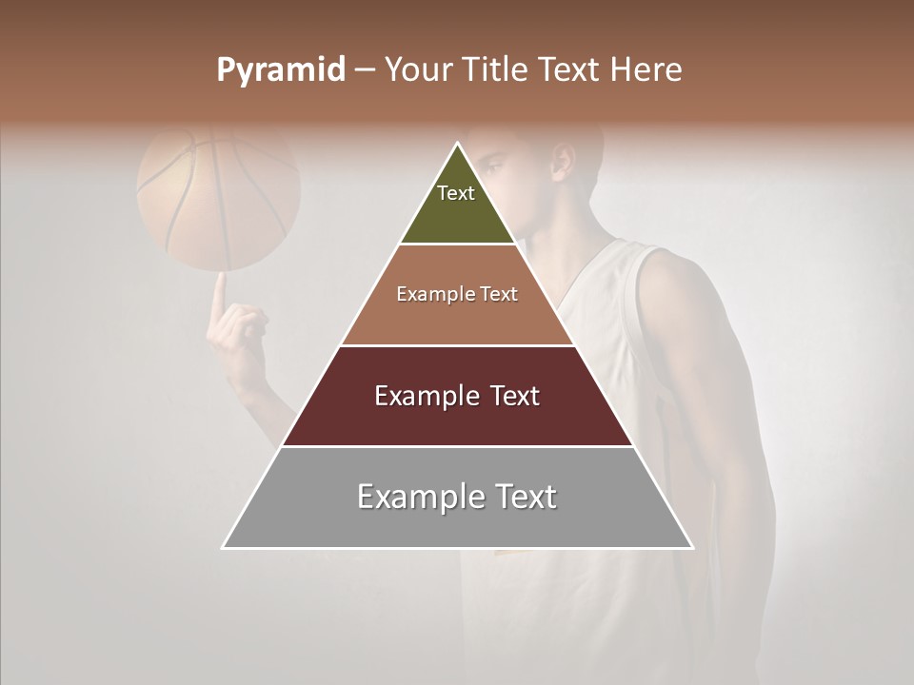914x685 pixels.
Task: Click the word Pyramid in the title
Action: coord(280,70)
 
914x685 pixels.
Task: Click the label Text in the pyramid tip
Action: coord(456,193)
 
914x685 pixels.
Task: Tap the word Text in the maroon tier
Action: coord(514,396)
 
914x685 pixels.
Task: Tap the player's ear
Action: coord(563,162)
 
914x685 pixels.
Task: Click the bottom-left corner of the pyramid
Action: coord(223,548)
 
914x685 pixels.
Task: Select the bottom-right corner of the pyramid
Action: coord(693,548)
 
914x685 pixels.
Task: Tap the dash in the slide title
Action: coord(365,70)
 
